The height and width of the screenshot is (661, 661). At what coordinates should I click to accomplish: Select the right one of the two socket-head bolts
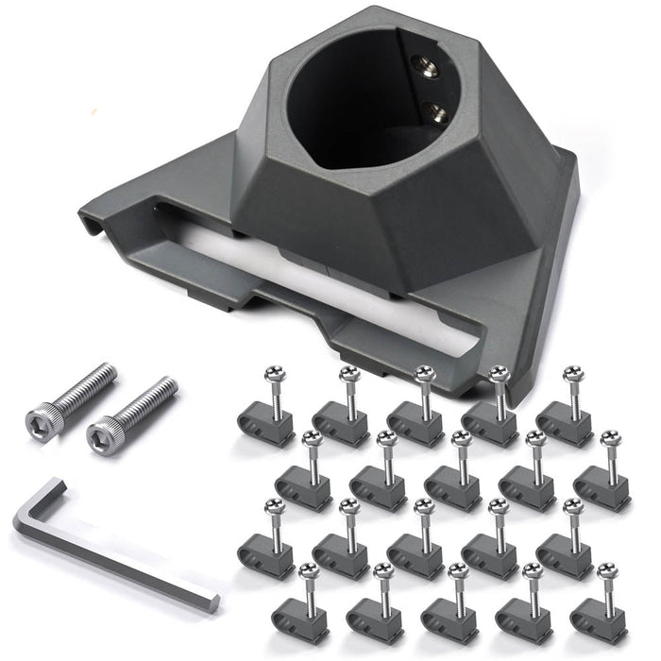click(x=131, y=411)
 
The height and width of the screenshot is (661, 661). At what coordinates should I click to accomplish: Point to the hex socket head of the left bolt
click(x=42, y=415)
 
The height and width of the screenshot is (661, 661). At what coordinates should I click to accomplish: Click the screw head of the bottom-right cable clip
click(x=605, y=571)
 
